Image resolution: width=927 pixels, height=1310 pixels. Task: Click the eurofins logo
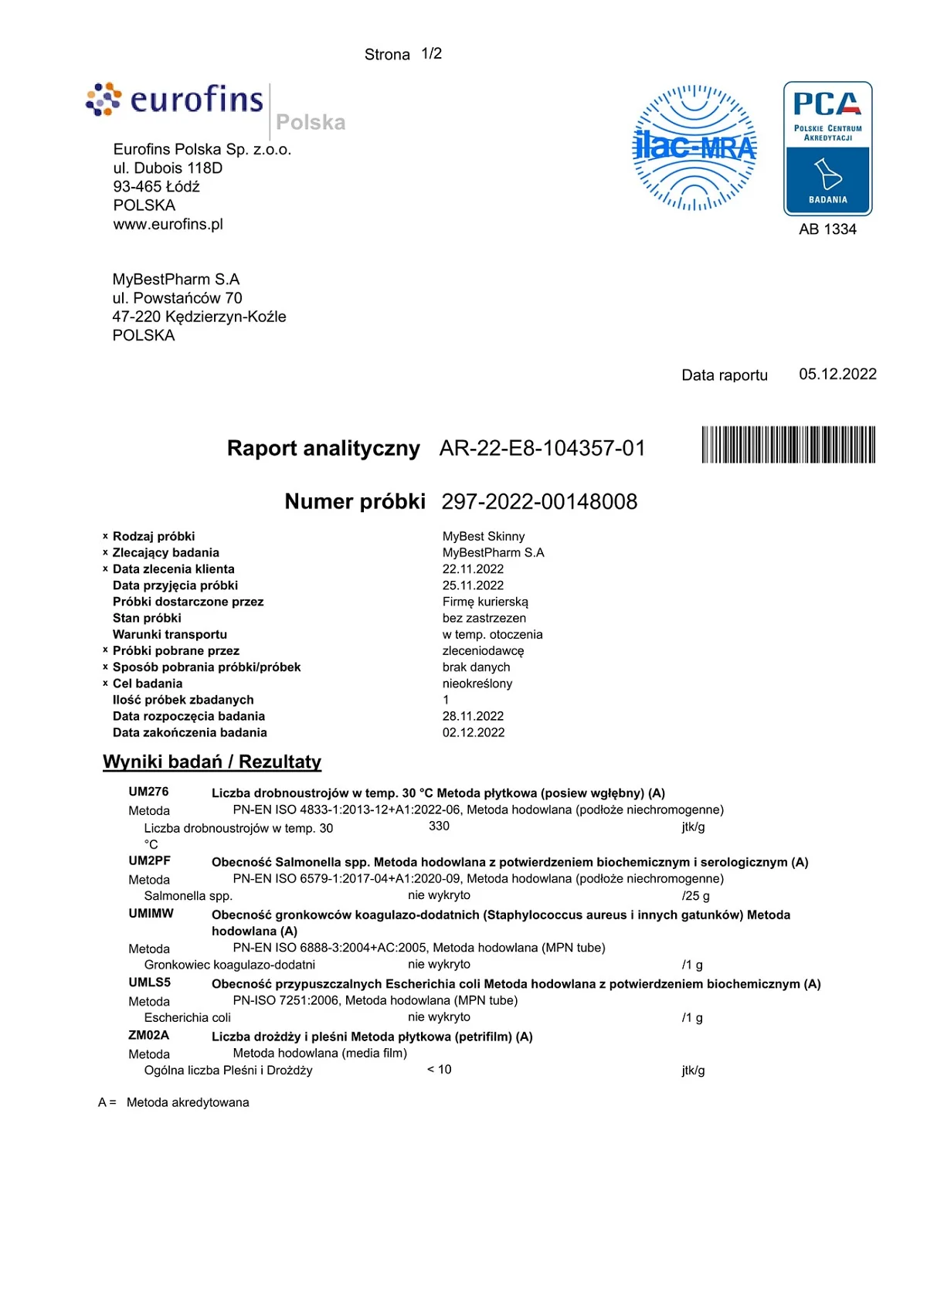[175, 100]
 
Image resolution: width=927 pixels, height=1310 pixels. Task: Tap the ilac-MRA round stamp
[694, 148]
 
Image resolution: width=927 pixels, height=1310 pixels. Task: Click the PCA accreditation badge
[827, 148]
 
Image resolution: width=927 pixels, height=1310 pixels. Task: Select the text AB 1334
[827, 229]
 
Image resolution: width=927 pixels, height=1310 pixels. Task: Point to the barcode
[788, 445]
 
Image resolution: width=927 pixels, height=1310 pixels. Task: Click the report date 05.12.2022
[837, 375]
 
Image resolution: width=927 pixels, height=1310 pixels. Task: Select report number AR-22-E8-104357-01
[542, 449]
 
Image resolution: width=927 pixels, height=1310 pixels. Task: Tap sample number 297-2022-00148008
[539, 502]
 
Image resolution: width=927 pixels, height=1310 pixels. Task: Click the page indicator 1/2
[431, 54]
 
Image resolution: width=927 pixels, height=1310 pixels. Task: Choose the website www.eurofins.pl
[168, 225]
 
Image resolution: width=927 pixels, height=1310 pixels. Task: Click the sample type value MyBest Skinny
[483, 537]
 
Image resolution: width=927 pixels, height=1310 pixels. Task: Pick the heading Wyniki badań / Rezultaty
[212, 762]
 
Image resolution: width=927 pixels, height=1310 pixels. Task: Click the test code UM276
[148, 792]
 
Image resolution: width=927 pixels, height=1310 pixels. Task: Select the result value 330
[439, 826]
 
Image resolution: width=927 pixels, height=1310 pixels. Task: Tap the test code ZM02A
[148, 1036]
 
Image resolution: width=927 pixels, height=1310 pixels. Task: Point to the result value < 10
[439, 1070]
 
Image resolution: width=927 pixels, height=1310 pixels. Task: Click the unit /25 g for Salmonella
[695, 896]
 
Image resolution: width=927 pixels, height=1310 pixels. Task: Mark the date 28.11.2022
[473, 717]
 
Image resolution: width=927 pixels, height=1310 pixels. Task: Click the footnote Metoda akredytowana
[188, 1103]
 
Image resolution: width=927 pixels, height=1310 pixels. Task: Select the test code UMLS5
[149, 983]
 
